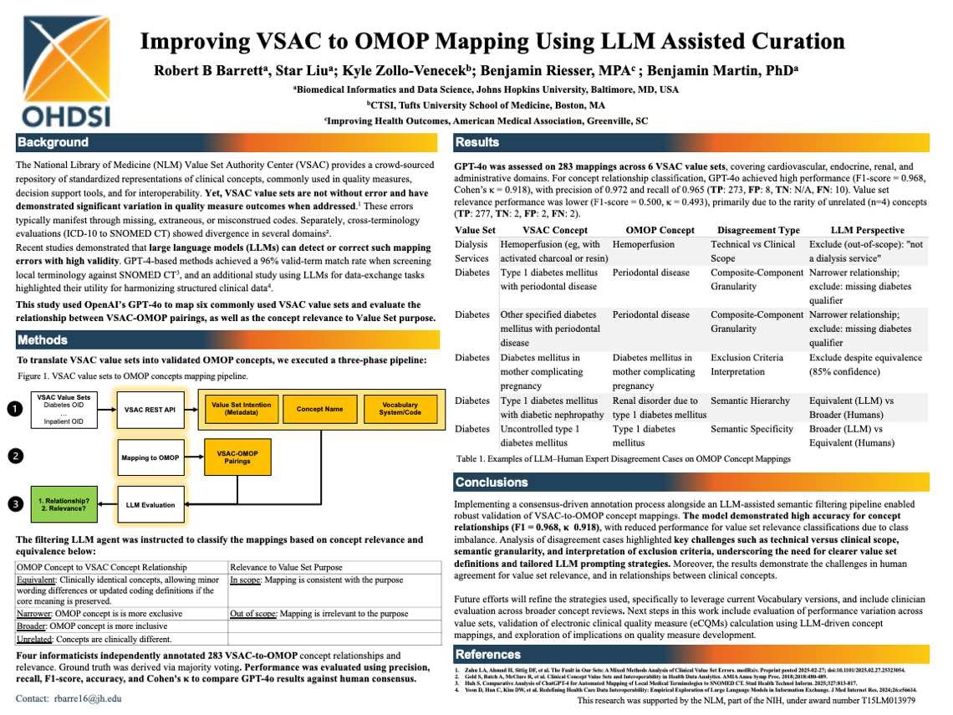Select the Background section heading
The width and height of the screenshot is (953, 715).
(x=54, y=142)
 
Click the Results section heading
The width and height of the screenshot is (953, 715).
(x=477, y=142)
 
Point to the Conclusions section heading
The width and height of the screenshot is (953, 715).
(x=492, y=483)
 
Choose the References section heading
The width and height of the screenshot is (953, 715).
(x=488, y=654)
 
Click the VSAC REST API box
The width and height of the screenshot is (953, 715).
(x=150, y=409)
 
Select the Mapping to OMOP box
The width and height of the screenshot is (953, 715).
(x=150, y=457)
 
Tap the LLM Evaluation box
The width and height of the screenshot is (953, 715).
(x=150, y=504)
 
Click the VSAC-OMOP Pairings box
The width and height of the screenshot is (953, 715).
(x=237, y=457)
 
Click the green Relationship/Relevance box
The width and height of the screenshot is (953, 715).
(x=64, y=504)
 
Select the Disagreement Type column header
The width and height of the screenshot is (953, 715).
(x=755, y=230)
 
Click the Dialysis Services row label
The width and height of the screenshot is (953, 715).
(x=471, y=251)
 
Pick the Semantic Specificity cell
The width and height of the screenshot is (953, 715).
(x=752, y=429)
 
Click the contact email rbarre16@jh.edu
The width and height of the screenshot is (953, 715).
(x=85, y=698)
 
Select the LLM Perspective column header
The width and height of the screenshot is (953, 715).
(x=867, y=230)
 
